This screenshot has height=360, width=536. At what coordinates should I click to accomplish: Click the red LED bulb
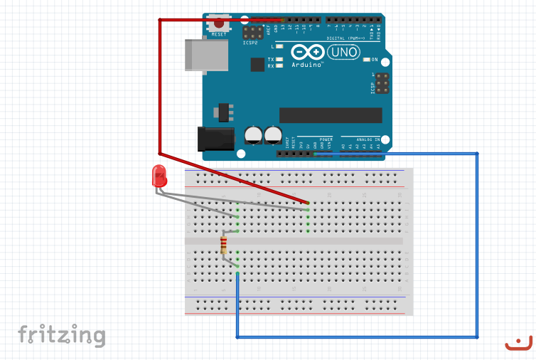pyautogui.click(x=159, y=176)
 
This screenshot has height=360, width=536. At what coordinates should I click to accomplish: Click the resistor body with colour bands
pyautogui.click(x=225, y=246)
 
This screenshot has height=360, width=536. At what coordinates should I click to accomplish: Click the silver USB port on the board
pyautogui.click(x=203, y=54)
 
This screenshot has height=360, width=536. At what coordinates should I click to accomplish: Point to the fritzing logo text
pyautogui.click(x=61, y=335)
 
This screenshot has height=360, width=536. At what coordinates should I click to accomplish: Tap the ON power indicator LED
pyautogui.click(x=366, y=60)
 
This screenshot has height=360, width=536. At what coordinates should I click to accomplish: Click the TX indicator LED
pyautogui.click(x=279, y=59)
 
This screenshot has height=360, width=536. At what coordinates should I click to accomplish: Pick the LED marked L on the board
pyautogui.click(x=279, y=46)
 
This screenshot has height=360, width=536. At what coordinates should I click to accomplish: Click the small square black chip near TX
pyautogui.click(x=257, y=64)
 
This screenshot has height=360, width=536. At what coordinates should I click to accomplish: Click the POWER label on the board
pyautogui.click(x=326, y=139)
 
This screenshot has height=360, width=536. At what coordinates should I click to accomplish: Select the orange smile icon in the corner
pyautogui.click(x=518, y=343)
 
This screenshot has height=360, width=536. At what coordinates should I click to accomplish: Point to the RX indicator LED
pyautogui.click(x=279, y=65)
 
